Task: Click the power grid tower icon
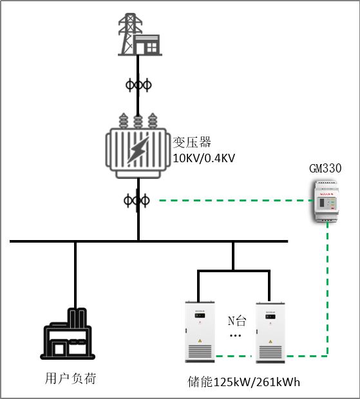pos(140,34)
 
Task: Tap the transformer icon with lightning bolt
pos(138,145)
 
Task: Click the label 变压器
pos(192,142)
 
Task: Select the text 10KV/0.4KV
pos(204,158)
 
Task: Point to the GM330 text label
pos(325,169)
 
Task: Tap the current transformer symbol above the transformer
pos(138,85)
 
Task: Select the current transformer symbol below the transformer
pos(137,201)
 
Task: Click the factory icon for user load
pos(68,333)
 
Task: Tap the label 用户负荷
pos(71,378)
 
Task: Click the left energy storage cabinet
pos(200,332)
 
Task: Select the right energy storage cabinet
pos(270,333)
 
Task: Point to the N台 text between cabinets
pos(237,321)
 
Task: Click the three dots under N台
pos(236,336)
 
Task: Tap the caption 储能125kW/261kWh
pos(243,382)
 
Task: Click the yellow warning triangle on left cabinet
pos(200,340)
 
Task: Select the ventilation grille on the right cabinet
pos(270,352)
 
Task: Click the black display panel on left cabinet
pos(200,316)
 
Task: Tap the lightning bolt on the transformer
pos(138,151)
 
